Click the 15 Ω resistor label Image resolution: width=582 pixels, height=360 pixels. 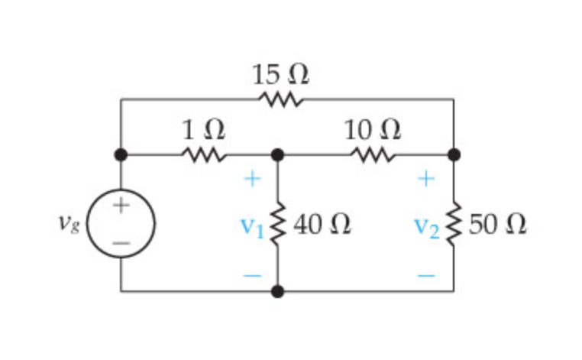(x=280, y=74)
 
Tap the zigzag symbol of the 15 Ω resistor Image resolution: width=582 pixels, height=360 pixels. (x=281, y=99)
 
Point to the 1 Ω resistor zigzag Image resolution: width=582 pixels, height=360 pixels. (x=203, y=155)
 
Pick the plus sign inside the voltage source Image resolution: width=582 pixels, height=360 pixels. (x=121, y=206)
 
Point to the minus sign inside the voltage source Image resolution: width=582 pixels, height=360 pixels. (x=121, y=243)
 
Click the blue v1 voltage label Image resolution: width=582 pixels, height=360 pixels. (x=253, y=225)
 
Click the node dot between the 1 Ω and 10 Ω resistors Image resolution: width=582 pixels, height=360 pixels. (x=277, y=155)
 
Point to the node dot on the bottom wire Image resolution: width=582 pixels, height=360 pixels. (x=277, y=291)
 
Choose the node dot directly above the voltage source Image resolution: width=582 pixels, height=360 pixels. (x=121, y=155)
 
